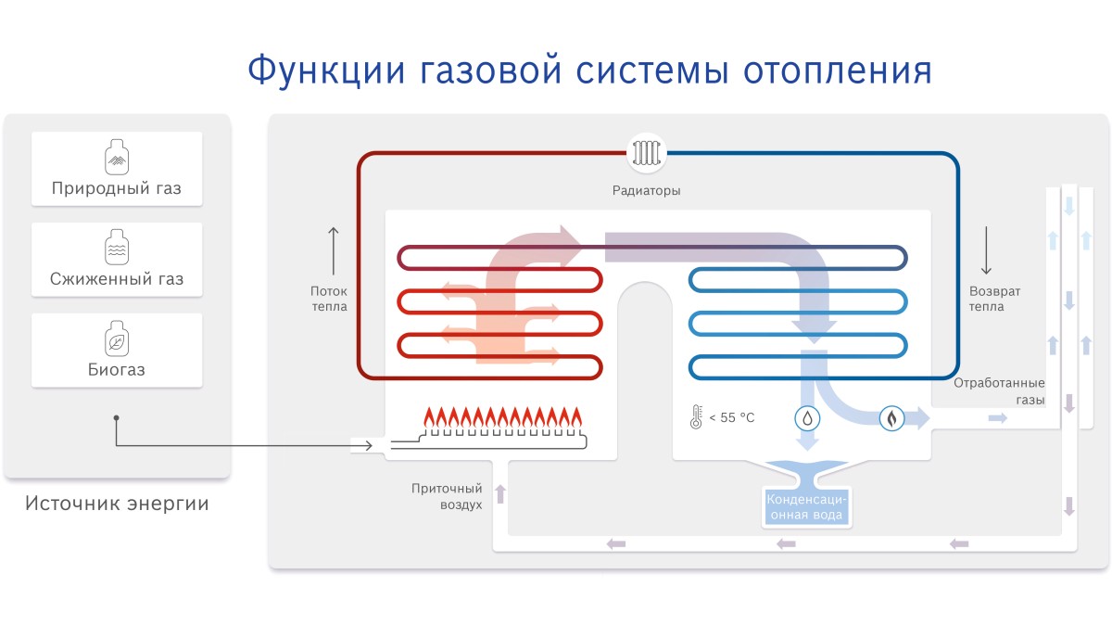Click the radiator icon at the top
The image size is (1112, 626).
point(647,153)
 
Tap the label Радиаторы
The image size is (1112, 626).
point(647,190)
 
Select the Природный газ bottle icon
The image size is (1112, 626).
point(117,157)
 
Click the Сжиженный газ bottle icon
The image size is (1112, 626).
point(117,248)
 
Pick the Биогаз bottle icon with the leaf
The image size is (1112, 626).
point(117,339)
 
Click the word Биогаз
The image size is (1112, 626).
point(117,370)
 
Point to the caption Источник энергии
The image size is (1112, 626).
point(117,504)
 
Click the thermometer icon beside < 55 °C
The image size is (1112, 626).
point(696,416)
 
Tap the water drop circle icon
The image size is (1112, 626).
point(807,418)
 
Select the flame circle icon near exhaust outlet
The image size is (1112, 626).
point(891,418)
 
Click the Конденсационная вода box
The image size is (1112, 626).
point(806,506)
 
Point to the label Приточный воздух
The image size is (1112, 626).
point(447,496)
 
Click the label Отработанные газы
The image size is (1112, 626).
point(999,391)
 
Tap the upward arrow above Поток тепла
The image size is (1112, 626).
point(333,251)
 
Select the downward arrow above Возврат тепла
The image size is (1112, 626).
point(986,250)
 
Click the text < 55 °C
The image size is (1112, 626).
point(732,418)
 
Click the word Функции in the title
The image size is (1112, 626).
point(326,70)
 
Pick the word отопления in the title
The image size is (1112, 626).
point(838,70)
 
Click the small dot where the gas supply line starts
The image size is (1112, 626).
point(116,418)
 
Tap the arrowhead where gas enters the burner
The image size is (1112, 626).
point(369,446)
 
